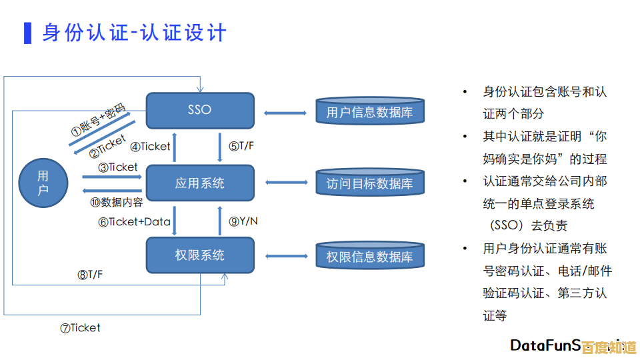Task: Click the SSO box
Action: tap(200, 110)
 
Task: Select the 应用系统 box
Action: tap(200, 183)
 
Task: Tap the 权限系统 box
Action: tap(200, 255)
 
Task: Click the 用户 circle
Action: tap(43, 183)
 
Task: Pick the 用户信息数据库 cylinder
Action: tap(369, 112)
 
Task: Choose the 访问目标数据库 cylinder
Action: tap(369, 183)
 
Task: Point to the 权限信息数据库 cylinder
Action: tap(369, 257)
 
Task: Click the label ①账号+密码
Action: tap(98, 119)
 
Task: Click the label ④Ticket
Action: tap(151, 147)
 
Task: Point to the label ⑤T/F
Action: tap(241, 147)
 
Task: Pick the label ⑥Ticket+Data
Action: tap(135, 222)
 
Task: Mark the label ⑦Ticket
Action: tap(80, 328)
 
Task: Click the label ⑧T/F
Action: tap(90, 274)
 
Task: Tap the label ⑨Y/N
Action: tap(243, 222)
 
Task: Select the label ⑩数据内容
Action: tap(117, 202)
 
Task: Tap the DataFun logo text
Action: tap(543, 345)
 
